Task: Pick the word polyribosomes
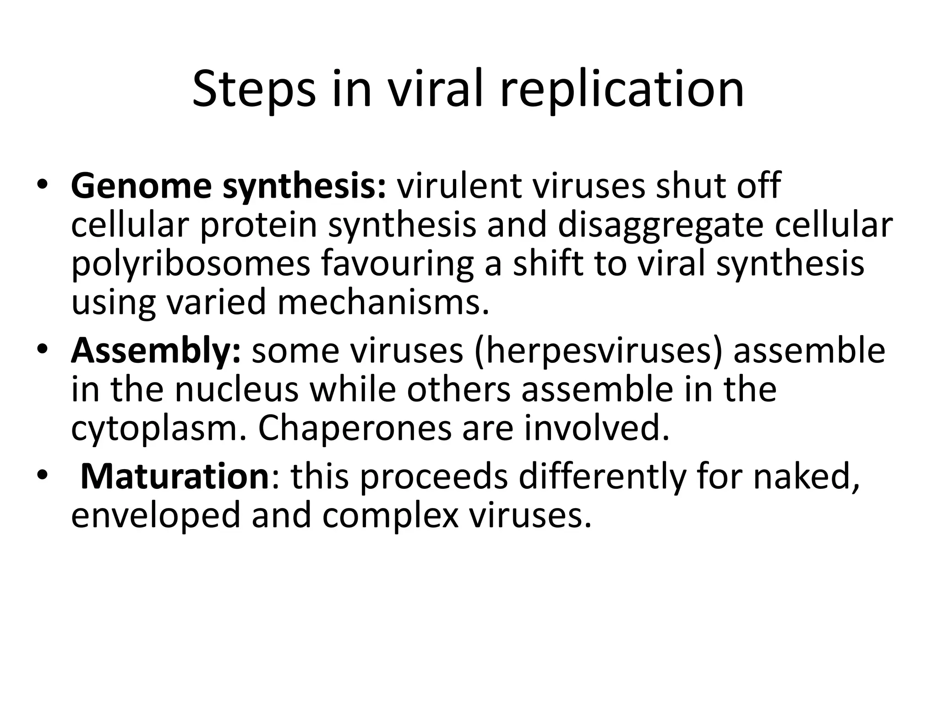pyautogui.click(x=191, y=264)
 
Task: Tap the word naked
pyautogui.click(x=807, y=476)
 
